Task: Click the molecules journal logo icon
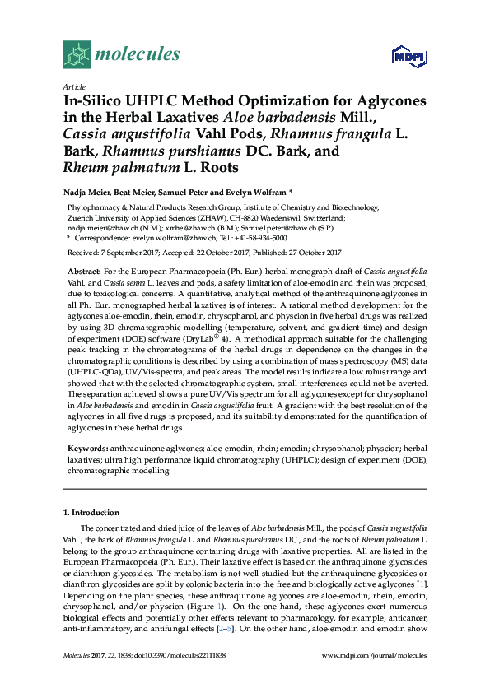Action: tap(77, 55)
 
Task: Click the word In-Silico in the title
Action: tap(93, 101)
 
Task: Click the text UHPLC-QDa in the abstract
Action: tap(90, 373)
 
